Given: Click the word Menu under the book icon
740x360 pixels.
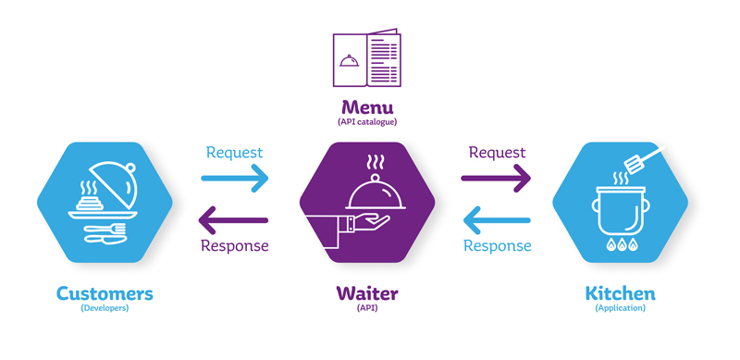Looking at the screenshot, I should tap(367, 106).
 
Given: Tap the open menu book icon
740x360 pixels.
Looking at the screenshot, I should tap(367, 59).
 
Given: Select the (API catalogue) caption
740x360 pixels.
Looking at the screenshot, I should tap(367, 122).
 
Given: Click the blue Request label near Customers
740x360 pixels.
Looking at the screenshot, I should tap(234, 153).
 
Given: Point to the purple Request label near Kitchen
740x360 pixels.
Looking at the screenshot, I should tap(497, 153).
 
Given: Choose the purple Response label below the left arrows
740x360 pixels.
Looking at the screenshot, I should tap(234, 246).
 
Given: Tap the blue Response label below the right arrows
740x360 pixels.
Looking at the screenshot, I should tap(497, 246).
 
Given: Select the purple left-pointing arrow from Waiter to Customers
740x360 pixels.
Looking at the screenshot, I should tap(235, 220).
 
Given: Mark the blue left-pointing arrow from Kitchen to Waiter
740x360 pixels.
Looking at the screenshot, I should tap(497, 220).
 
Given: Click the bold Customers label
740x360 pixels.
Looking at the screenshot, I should tap(105, 293).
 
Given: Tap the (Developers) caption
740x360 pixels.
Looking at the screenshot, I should tap(105, 309).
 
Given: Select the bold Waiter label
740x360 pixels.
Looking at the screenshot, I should tap(367, 293).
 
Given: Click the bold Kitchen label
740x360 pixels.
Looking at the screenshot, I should tap(621, 293).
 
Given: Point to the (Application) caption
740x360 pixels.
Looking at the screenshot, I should tap(621, 309).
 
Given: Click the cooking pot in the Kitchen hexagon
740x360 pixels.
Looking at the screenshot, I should tap(619, 213).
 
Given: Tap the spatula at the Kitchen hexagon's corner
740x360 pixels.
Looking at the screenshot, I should tap(643, 162).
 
